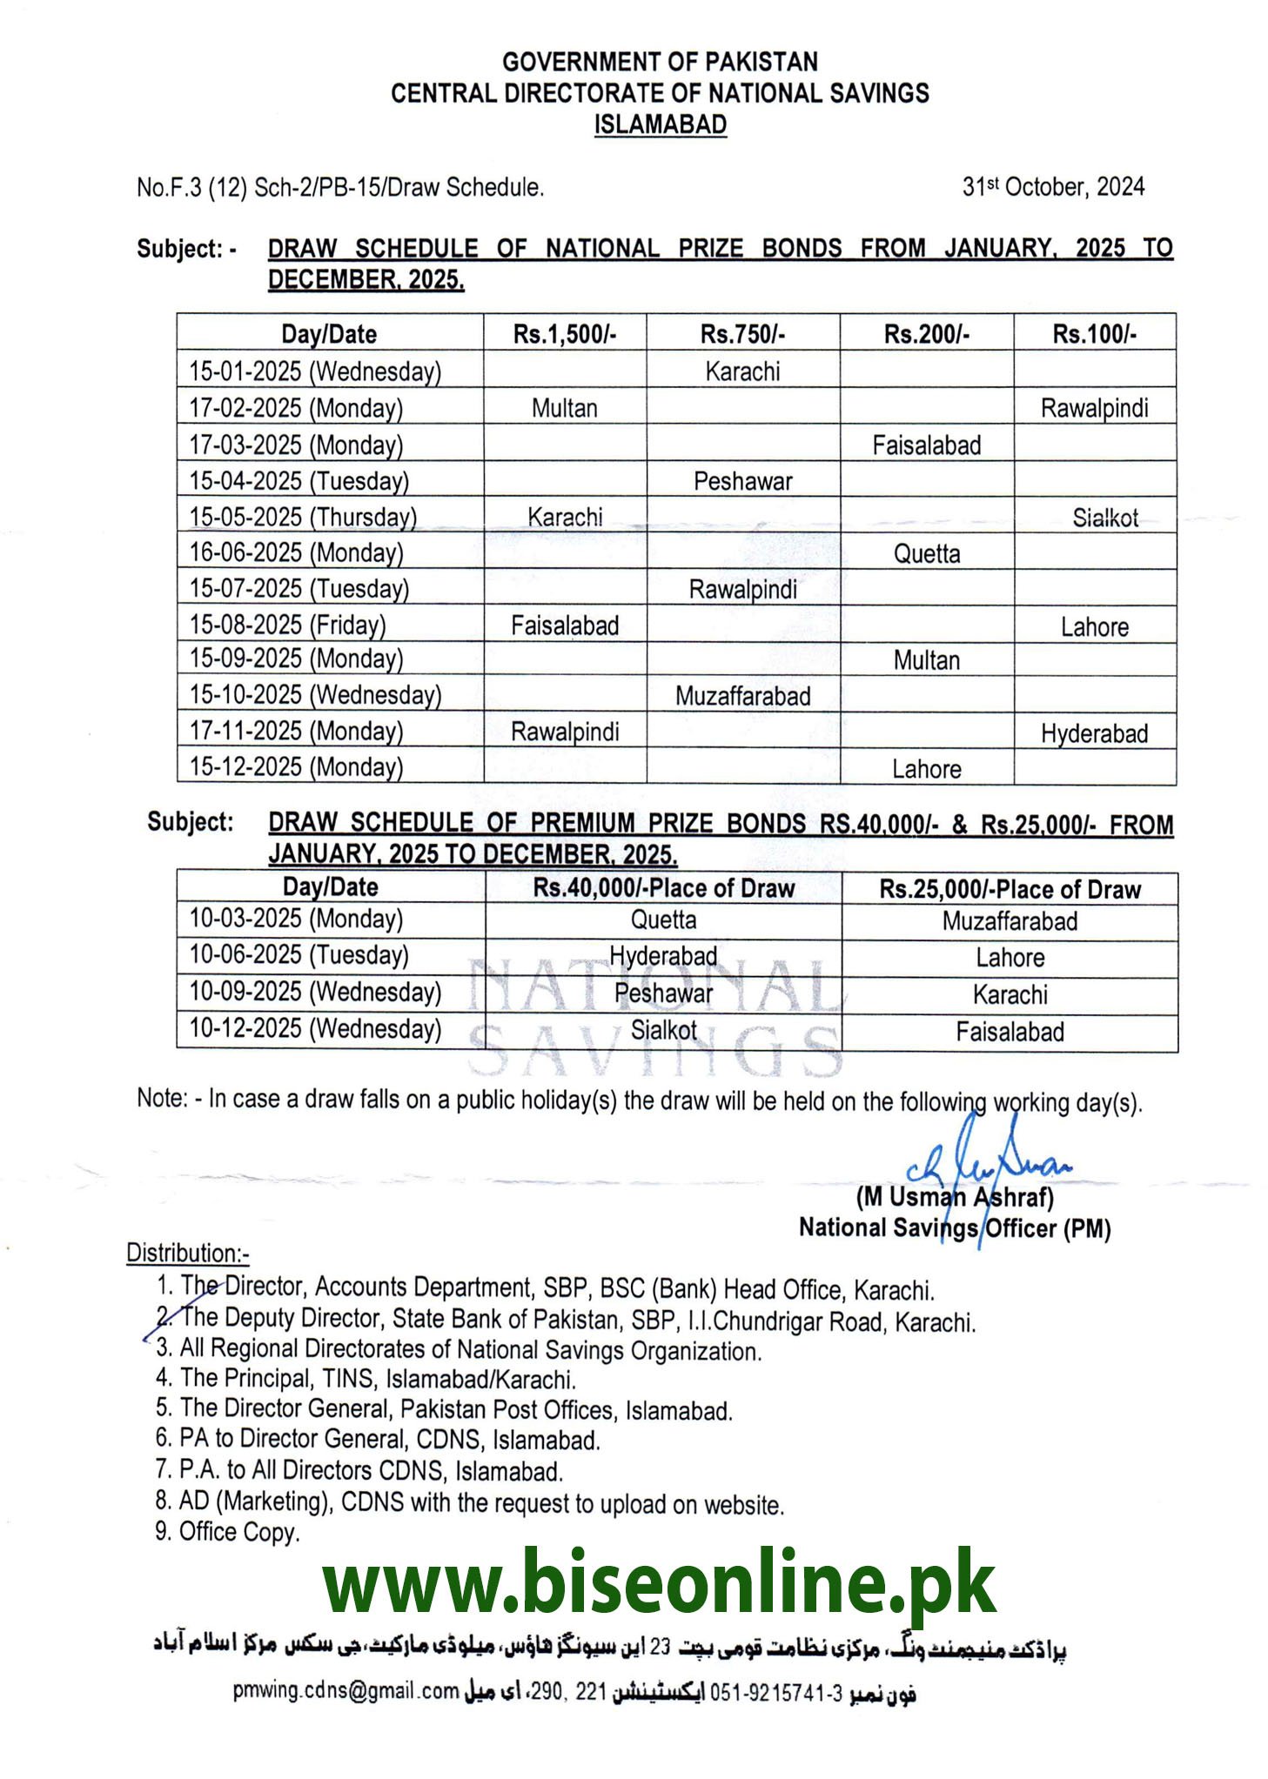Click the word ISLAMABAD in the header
coord(660,124)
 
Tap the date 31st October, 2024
coord(1052,187)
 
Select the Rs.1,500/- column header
coord(564,334)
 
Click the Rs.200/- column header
coord(926,334)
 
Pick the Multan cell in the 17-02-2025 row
coord(564,408)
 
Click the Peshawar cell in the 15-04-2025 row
coord(742,481)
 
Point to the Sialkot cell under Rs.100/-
coord(1104,518)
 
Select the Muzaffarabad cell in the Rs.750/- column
coord(742,696)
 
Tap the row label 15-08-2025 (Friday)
coord(288,625)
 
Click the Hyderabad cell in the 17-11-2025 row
coord(1094,733)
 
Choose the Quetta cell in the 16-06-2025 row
coord(926,554)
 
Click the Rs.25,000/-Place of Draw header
coord(1010,889)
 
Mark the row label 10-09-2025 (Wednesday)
coord(315,992)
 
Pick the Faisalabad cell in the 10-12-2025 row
coord(1010,1032)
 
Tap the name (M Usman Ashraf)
coord(955,1198)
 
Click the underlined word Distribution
coord(187,1253)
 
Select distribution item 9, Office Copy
coord(227,1531)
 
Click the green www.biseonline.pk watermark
coord(659,1584)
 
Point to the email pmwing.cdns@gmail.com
coord(346,1691)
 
